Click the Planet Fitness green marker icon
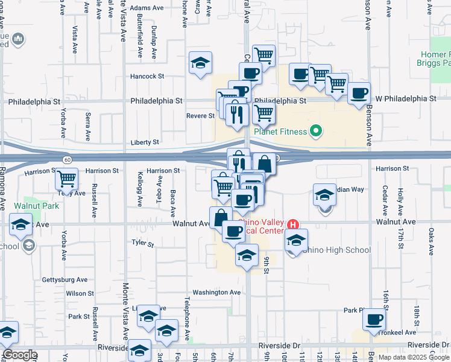pos(315,131)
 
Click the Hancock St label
pos(148,77)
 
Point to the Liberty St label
pos(145,142)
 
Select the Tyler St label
pos(143,244)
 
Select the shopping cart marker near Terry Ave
pos(66,179)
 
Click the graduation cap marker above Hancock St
pos(201,62)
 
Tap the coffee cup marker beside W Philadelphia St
pos(359,93)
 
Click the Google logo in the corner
pos(20,355)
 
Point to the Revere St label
pos(200,116)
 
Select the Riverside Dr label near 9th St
pos(279,345)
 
